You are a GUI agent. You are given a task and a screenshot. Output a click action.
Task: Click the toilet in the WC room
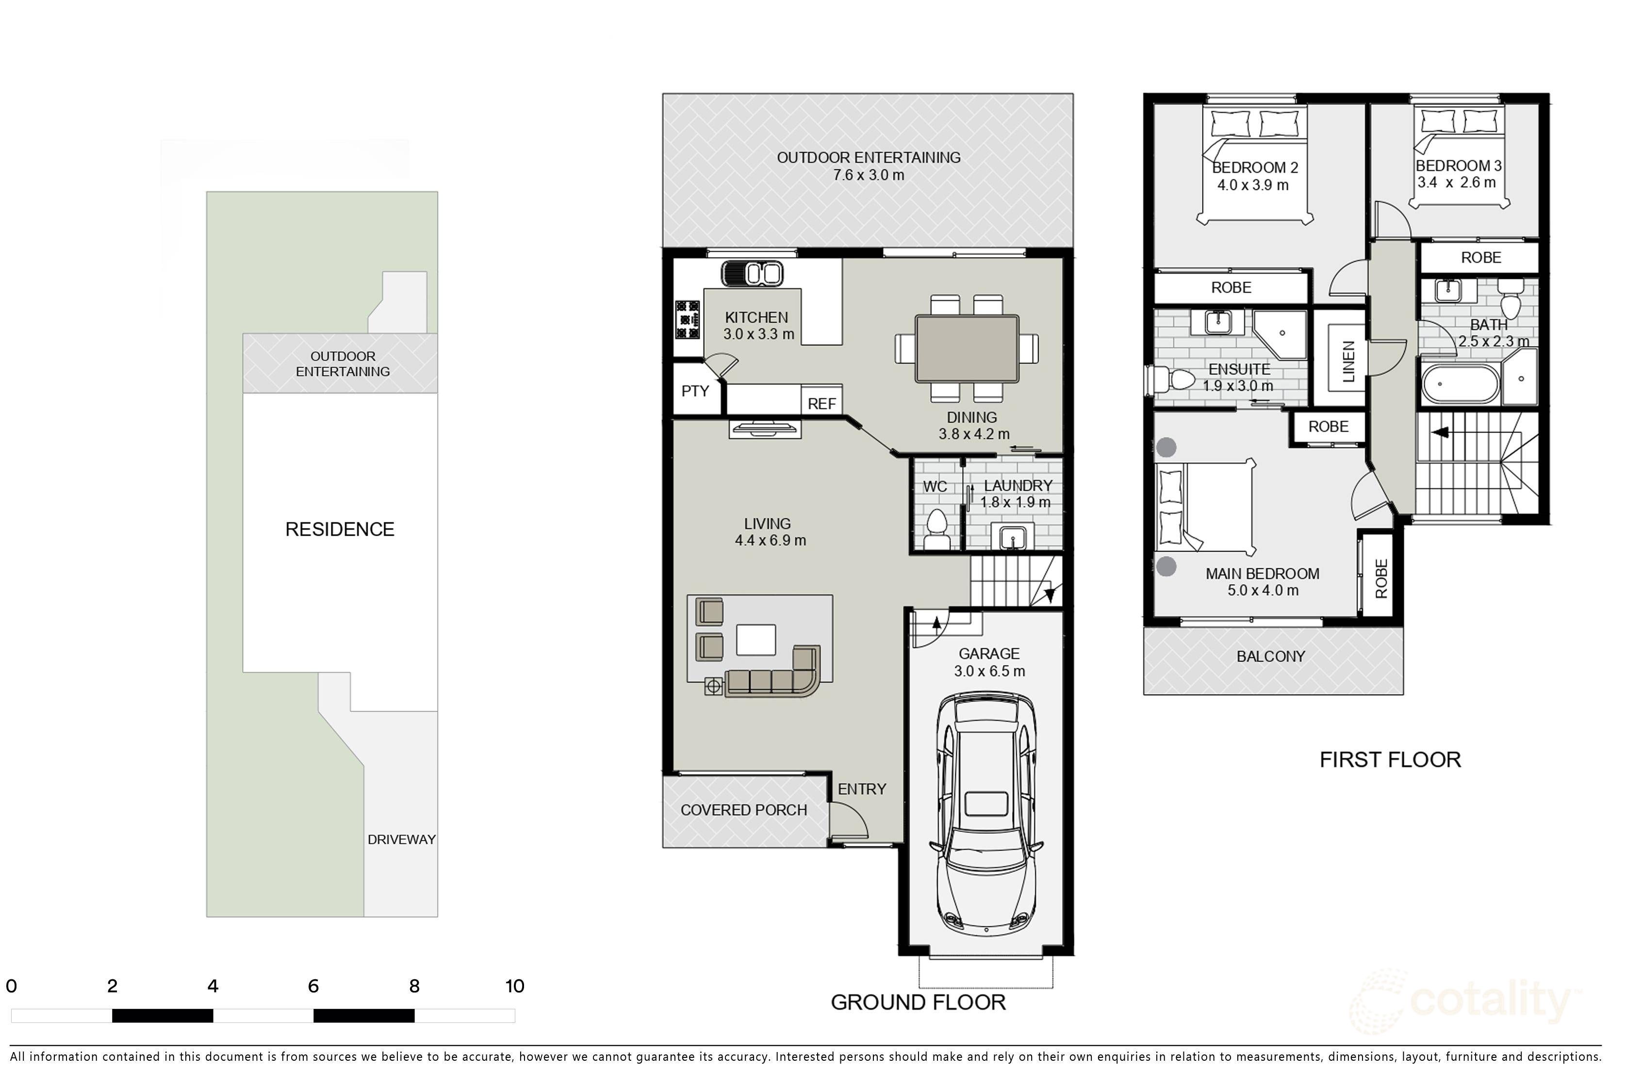click(x=936, y=526)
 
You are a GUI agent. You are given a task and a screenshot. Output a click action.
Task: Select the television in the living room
click(x=765, y=429)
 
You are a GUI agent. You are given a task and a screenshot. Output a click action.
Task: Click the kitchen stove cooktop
click(x=687, y=319)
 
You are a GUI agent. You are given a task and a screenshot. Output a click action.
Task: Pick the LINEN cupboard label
click(x=1348, y=362)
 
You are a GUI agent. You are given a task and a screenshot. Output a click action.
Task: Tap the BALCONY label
click(x=1271, y=657)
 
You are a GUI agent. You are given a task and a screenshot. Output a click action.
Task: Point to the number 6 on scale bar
click(x=313, y=986)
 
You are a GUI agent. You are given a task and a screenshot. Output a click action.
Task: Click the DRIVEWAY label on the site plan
click(x=401, y=839)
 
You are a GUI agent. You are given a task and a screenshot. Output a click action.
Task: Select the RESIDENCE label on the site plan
click(x=340, y=529)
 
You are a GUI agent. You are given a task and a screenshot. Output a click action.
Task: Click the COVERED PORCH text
click(x=743, y=810)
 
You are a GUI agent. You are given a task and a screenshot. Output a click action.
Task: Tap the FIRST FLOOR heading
click(x=1390, y=759)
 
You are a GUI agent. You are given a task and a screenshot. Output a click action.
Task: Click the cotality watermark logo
click(x=1469, y=1002)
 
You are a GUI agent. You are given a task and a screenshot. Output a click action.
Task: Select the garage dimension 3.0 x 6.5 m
click(x=989, y=672)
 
